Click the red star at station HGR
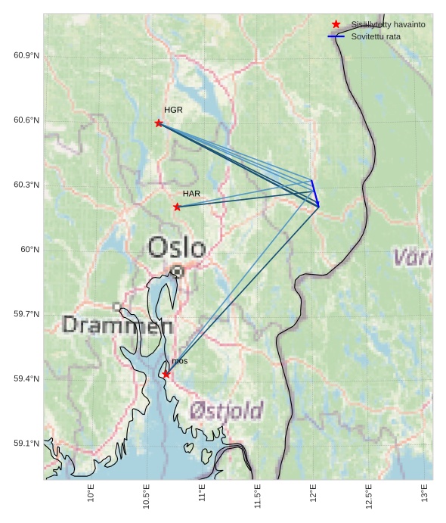click(x=159, y=123)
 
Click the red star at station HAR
click(x=177, y=207)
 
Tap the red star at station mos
click(x=166, y=374)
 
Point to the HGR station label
click(x=173, y=110)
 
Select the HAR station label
click(x=191, y=194)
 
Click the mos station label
click(x=179, y=362)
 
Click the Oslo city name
click(x=177, y=247)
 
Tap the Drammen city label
click(x=118, y=325)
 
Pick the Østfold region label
click(x=226, y=411)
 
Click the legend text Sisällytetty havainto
click(x=388, y=24)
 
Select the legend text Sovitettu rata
click(x=376, y=36)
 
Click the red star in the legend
click(x=336, y=24)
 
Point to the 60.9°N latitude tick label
click(x=26, y=56)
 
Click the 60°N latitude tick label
click(x=29, y=250)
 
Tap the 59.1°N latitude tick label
click(x=26, y=444)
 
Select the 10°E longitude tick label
click(x=91, y=494)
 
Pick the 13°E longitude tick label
click(x=425, y=494)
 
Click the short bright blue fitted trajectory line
click(x=315, y=192)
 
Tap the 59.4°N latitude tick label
click(x=26, y=378)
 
